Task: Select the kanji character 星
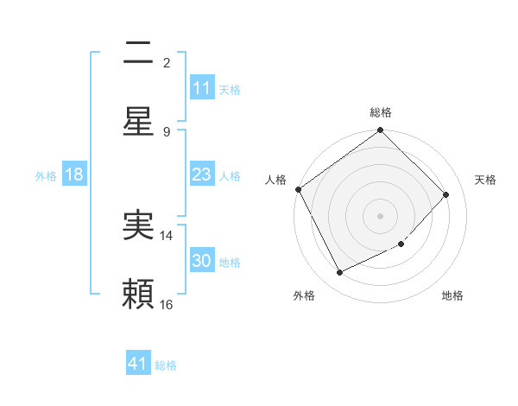pyautogui.click(x=138, y=122)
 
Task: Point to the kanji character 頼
pyautogui.click(x=138, y=295)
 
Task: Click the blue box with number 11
pyautogui.click(x=201, y=88)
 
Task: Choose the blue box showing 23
pyautogui.click(x=201, y=174)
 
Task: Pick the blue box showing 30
pyautogui.click(x=201, y=261)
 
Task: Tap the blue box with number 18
pyautogui.click(x=74, y=174)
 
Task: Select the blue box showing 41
pyautogui.click(x=138, y=364)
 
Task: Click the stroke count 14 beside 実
pyautogui.click(x=167, y=235)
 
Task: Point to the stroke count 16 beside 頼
pyautogui.click(x=167, y=304)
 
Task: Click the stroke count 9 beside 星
pyautogui.click(x=167, y=131)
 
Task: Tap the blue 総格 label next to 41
pyautogui.click(x=166, y=365)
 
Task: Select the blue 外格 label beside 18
pyautogui.click(x=46, y=176)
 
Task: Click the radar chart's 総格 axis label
pyautogui.click(x=381, y=112)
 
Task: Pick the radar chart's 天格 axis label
pyautogui.click(x=485, y=180)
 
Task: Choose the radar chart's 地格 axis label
pyautogui.click(x=452, y=295)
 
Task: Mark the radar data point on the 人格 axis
pyautogui.click(x=298, y=189)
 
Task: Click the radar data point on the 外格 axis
pyautogui.click(x=339, y=273)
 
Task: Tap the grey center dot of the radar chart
pyautogui.click(x=381, y=216)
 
